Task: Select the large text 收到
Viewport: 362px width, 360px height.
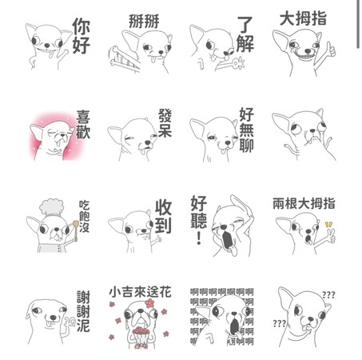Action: [163, 217]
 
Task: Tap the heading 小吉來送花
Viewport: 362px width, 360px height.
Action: [142, 293]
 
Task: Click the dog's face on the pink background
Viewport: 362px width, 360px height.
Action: [50, 140]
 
